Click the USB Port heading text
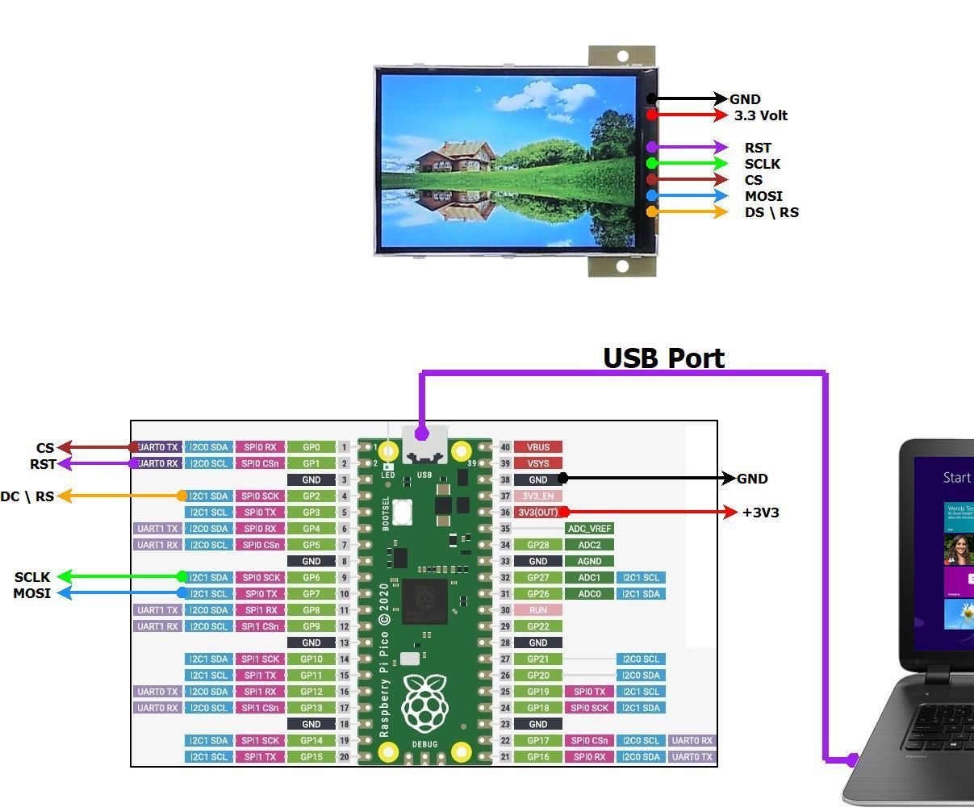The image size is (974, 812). [663, 358]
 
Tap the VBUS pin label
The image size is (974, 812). [537, 447]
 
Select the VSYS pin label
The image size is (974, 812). [537, 463]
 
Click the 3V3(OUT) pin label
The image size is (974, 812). [537, 513]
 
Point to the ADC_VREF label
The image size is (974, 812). [589, 529]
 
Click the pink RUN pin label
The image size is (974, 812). [537, 610]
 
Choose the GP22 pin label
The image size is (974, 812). [537, 626]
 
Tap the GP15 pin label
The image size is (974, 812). [311, 757]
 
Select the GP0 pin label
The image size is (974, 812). [311, 447]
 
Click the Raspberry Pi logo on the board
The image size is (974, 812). [425, 703]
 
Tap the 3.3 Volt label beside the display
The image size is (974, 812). [760, 115]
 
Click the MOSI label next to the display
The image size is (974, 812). [763, 196]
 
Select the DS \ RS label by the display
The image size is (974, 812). [771, 212]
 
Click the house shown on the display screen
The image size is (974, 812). [458, 157]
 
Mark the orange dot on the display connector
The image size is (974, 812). [652, 211]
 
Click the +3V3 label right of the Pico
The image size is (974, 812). [760, 513]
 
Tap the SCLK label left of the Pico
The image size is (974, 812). [32, 577]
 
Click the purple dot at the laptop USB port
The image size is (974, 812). [852, 760]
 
